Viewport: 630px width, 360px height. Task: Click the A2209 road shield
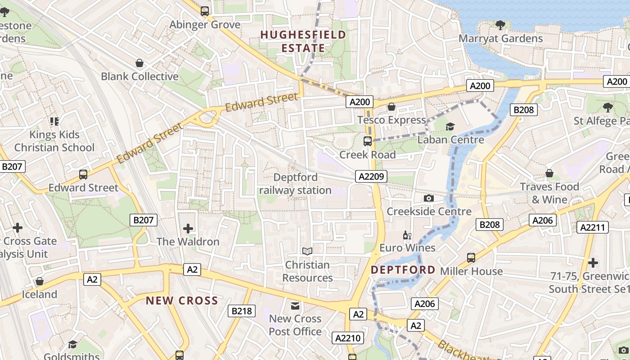372,176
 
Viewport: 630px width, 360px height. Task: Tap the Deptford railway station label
295,184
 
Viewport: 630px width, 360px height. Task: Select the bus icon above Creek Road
368,141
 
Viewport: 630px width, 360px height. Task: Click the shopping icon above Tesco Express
391,107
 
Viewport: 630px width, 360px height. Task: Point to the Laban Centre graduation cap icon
450,126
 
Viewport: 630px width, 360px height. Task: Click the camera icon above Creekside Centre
429,198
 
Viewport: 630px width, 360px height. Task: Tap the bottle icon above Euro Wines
407,235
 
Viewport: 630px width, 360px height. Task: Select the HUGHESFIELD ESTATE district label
303,41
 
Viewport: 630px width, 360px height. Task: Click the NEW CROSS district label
182,301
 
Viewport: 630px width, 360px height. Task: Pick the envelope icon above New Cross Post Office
295,306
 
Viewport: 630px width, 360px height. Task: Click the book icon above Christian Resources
307,251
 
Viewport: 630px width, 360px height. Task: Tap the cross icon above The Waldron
188,229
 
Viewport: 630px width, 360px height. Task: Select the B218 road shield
242,310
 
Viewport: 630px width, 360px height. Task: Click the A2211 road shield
593,227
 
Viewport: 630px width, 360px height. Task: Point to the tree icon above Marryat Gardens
500,25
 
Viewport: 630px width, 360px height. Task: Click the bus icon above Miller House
471,258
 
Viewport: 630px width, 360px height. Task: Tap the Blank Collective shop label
139,76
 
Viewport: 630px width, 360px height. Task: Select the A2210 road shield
346,338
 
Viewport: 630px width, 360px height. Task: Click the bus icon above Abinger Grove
205,11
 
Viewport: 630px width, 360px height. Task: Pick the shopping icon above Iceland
40,281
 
